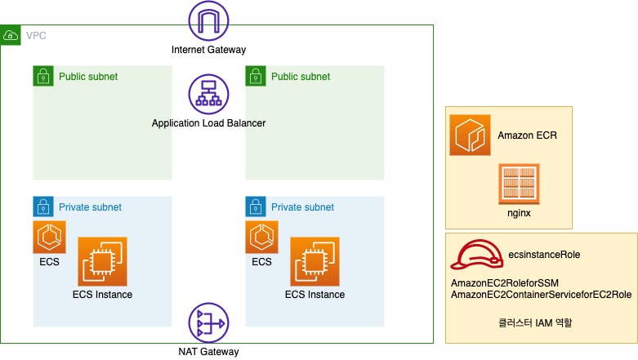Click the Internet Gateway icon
(208, 21)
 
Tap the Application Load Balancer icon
(208, 95)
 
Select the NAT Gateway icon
(208, 323)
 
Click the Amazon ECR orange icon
(470, 135)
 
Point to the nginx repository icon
(519, 184)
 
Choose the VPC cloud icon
(11, 35)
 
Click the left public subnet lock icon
(43, 77)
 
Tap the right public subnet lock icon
(256, 77)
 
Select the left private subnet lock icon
(43, 207)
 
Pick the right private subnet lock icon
(256, 207)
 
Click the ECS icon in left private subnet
(49, 237)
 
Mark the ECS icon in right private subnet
(261, 237)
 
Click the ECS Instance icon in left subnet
(102, 261)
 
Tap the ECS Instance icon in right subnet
(315, 261)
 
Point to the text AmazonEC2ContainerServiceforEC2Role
(541, 294)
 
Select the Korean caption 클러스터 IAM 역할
(535, 322)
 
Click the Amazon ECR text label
(527, 136)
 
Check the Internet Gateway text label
(208, 50)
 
